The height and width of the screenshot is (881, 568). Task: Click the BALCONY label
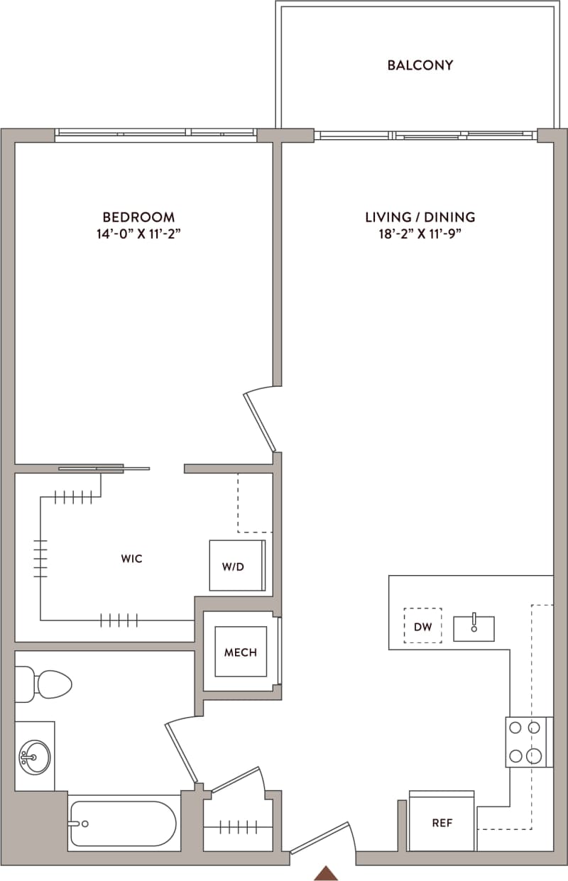(x=420, y=65)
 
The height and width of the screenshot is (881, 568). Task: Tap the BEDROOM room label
(x=138, y=217)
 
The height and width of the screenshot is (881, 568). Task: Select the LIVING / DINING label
(x=420, y=217)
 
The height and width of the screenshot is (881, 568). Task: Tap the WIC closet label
(x=131, y=559)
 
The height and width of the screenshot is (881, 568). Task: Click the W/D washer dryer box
(x=237, y=566)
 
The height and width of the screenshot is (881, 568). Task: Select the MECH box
(x=241, y=652)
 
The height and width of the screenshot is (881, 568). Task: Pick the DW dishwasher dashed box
(x=422, y=625)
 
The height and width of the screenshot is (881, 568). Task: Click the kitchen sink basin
(x=474, y=628)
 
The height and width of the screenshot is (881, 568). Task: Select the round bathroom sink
(x=34, y=757)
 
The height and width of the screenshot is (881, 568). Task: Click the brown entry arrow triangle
(x=325, y=873)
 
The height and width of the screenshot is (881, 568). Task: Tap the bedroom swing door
(x=259, y=422)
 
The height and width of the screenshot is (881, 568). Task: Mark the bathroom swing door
(x=180, y=753)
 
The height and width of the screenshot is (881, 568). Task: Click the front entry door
(x=322, y=838)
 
